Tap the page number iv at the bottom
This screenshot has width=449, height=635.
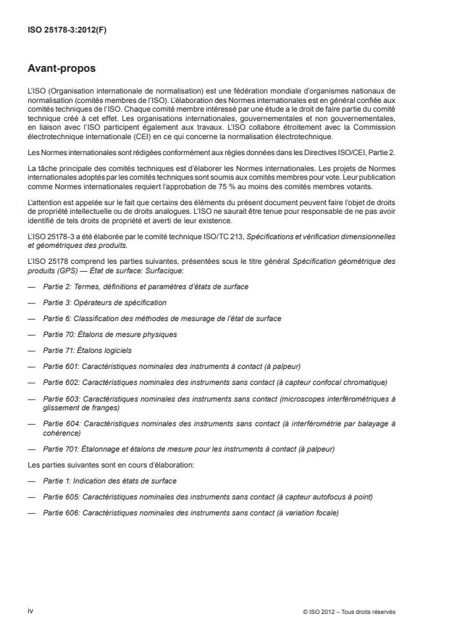pyautogui.click(x=30, y=611)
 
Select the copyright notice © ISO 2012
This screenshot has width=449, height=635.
pyautogui.click(x=350, y=612)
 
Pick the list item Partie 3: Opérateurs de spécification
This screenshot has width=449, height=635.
pyautogui.click(x=105, y=302)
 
